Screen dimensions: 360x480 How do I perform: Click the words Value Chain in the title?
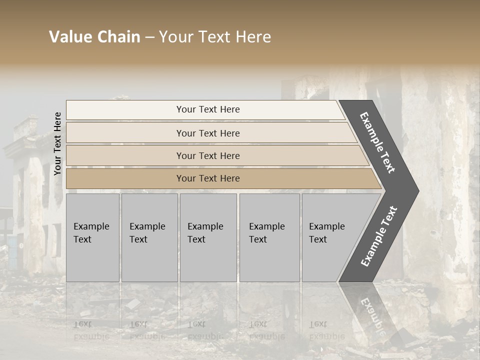[94, 37]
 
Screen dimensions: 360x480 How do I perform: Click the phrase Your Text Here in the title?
[215, 37]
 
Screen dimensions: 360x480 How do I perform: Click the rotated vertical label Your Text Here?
[57, 143]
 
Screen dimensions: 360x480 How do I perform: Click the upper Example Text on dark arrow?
[377, 142]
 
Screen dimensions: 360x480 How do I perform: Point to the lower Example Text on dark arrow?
[379, 236]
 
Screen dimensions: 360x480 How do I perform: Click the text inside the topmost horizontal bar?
[208, 109]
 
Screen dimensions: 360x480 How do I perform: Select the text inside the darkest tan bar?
[208, 178]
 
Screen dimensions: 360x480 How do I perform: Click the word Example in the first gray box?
[91, 226]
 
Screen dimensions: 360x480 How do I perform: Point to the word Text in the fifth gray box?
[318, 239]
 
